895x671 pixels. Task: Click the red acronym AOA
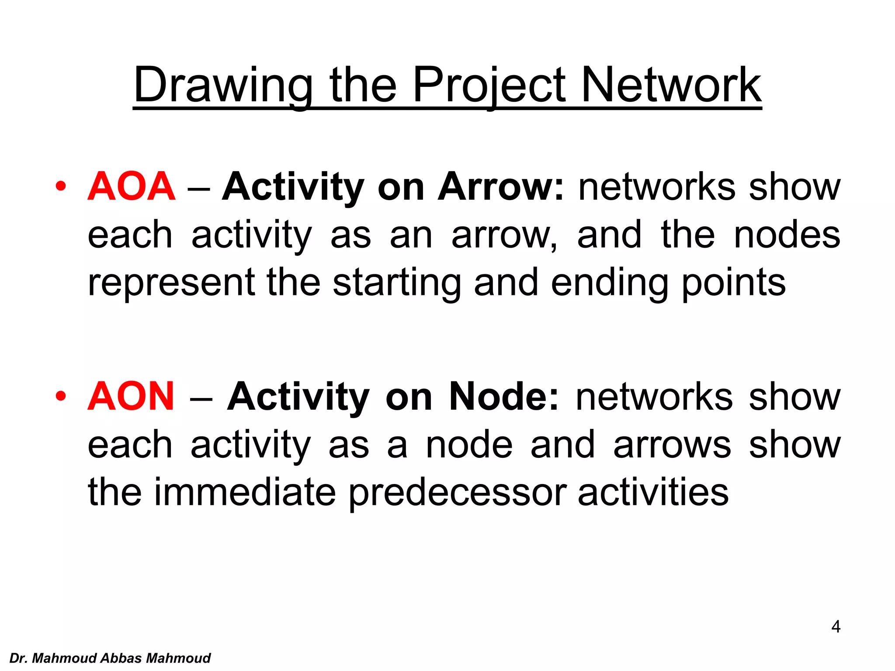(x=131, y=187)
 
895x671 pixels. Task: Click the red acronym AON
(x=131, y=397)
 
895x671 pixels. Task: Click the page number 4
(x=836, y=627)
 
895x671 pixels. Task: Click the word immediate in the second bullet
(x=245, y=492)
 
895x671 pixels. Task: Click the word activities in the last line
(x=653, y=492)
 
